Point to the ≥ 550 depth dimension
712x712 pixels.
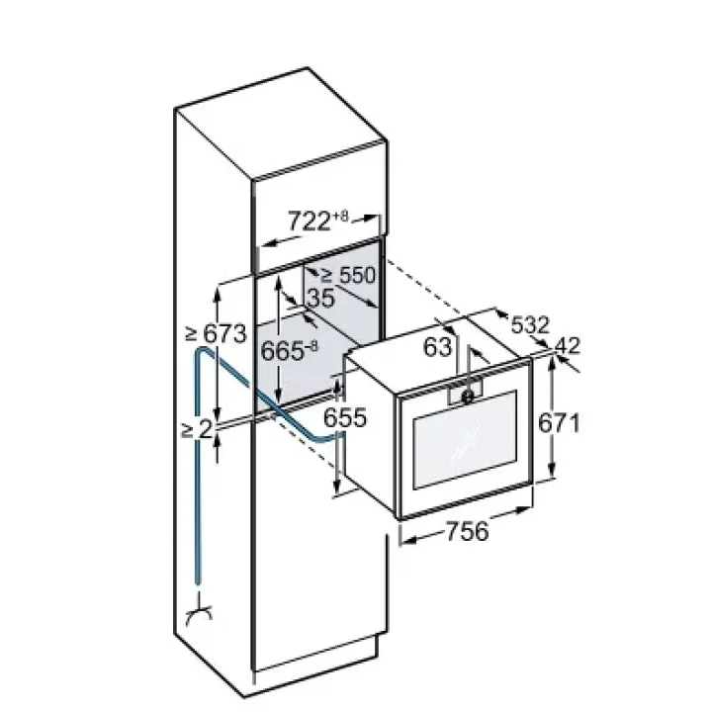pyautogui.click(x=348, y=275)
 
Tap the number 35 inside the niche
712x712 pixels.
pyautogui.click(x=321, y=298)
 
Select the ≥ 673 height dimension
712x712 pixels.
pyautogui.click(x=217, y=334)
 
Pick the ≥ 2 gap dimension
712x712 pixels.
pyautogui.click(x=197, y=429)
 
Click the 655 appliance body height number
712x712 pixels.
pyautogui.click(x=345, y=417)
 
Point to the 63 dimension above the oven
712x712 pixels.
pyautogui.click(x=438, y=347)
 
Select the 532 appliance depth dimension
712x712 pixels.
pyautogui.click(x=530, y=325)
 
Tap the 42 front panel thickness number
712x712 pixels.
pyautogui.click(x=568, y=346)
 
